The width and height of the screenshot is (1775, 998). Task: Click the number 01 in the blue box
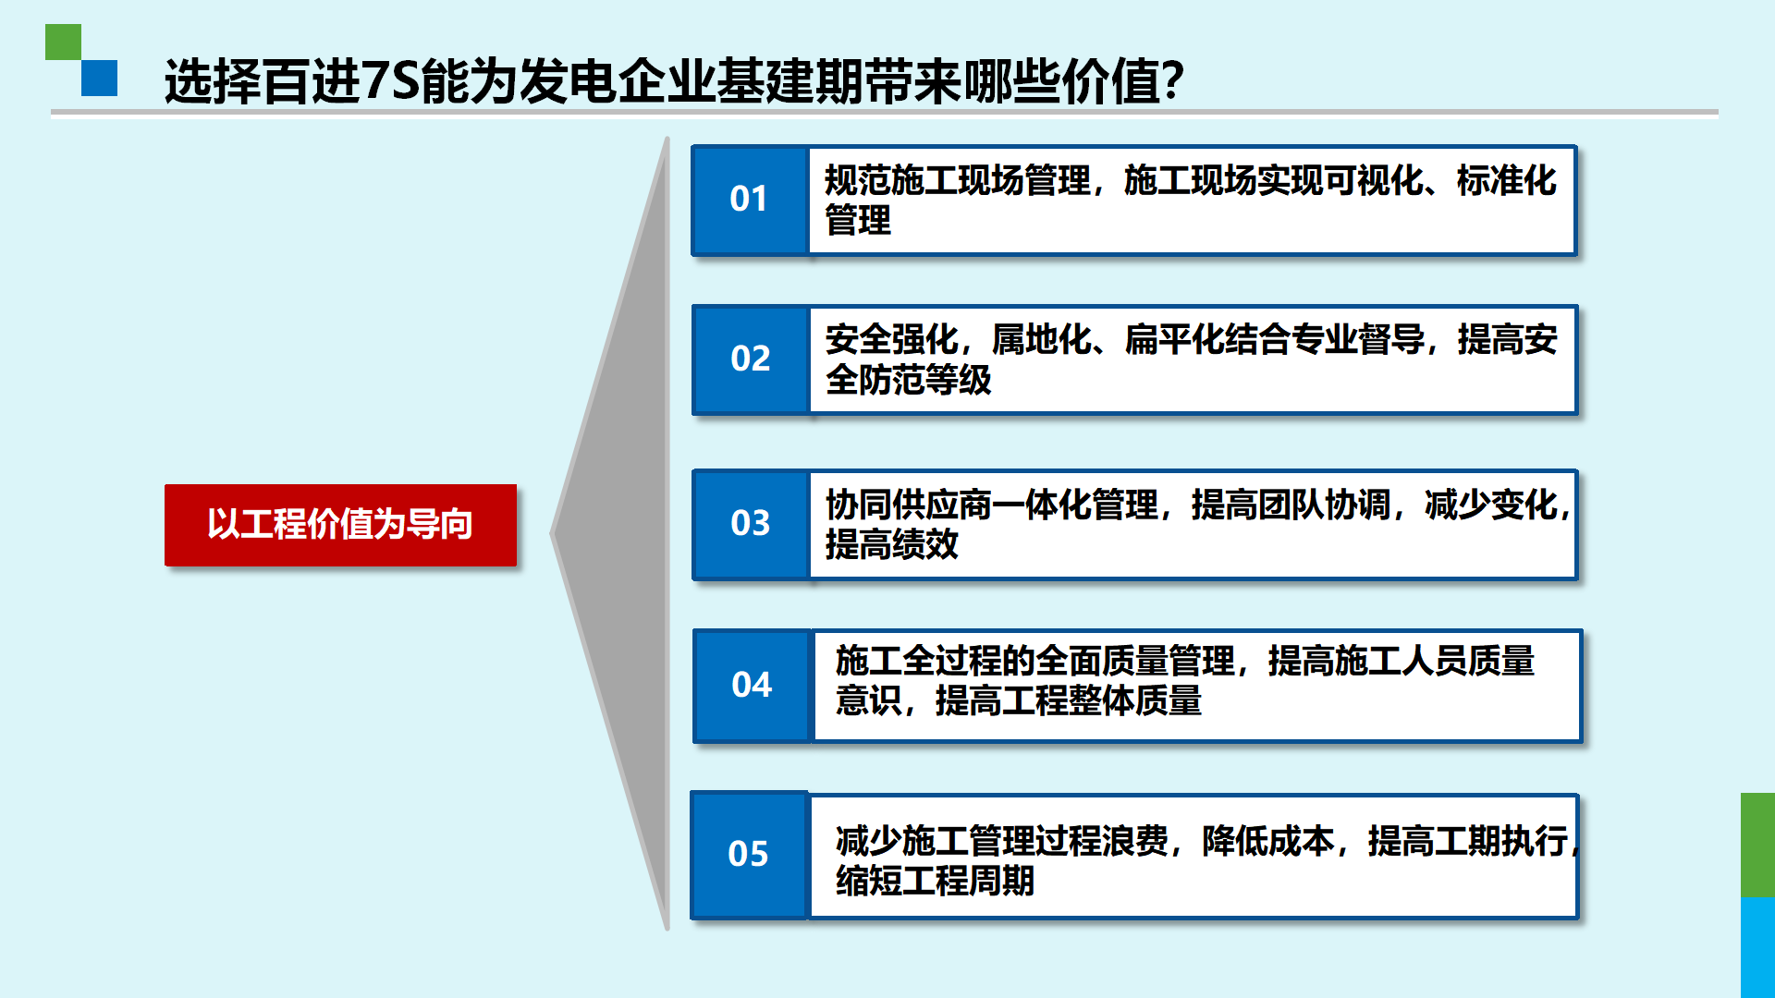pyautogui.click(x=748, y=199)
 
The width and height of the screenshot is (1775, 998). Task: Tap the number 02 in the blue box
pyautogui.click(x=750, y=359)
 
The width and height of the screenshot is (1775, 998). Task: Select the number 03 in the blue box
pyautogui.click(x=750, y=523)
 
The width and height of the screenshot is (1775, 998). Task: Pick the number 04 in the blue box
pyautogui.click(x=751, y=685)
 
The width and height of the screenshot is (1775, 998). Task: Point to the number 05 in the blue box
pyautogui.click(x=748, y=854)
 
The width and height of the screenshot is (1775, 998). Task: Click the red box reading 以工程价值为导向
pyautogui.click(x=340, y=525)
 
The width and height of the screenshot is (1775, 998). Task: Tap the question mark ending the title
pyautogui.click(x=1172, y=80)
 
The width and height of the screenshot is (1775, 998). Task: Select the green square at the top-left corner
pyautogui.click(x=63, y=43)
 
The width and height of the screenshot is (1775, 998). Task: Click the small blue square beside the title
pyautogui.click(x=99, y=78)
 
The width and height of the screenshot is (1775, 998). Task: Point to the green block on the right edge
pyautogui.click(x=1757, y=845)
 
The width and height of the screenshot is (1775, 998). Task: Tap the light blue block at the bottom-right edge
pyautogui.click(x=1757, y=947)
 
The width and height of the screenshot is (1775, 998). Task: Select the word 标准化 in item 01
pyautogui.click(x=1507, y=181)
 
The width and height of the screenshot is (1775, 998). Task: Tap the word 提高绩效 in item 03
pyautogui.click(x=892, y=544)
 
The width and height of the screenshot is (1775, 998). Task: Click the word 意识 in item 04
pyautogui.click(x=868, y=700)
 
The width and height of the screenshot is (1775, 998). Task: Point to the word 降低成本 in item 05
pyautogui.click(x=1268, y=841)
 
